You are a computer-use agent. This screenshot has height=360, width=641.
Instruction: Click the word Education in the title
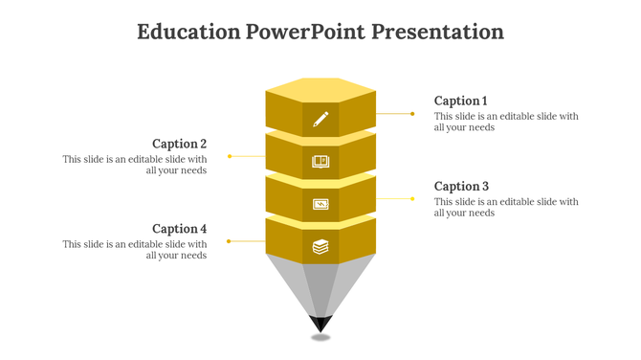click(188, 32)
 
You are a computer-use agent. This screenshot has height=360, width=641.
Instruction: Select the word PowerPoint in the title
click(304, 32)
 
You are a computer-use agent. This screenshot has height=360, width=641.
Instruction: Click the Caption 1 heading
click(461, 101)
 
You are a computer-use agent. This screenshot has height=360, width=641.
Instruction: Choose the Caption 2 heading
click(180, 144)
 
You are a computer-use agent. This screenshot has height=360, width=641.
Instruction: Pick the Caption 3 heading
click(461, 186)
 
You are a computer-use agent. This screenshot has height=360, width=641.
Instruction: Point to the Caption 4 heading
click(180, 229)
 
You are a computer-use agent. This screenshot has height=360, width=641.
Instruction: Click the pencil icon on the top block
click(320, 119)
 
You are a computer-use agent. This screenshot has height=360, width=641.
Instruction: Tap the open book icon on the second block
click(320, 162)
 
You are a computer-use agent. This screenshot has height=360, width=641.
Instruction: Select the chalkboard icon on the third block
click(320, 204)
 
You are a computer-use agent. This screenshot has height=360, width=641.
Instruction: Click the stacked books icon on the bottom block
click(320, 247)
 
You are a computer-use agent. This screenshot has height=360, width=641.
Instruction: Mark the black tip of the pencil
click(320, 323)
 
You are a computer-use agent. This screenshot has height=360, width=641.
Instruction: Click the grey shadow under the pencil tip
click(320, 337)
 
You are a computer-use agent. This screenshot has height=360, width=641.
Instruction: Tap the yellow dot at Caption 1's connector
click(412, 113)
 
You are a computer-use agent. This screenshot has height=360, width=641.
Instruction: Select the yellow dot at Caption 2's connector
click(230, 156)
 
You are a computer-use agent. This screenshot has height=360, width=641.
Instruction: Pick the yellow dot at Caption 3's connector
click(412, 198)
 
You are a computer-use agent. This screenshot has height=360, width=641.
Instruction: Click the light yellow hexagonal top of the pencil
click(320, 88)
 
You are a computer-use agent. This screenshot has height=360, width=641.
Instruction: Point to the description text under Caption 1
click(506, 122)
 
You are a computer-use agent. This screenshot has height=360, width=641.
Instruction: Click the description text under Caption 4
click(135, 250)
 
